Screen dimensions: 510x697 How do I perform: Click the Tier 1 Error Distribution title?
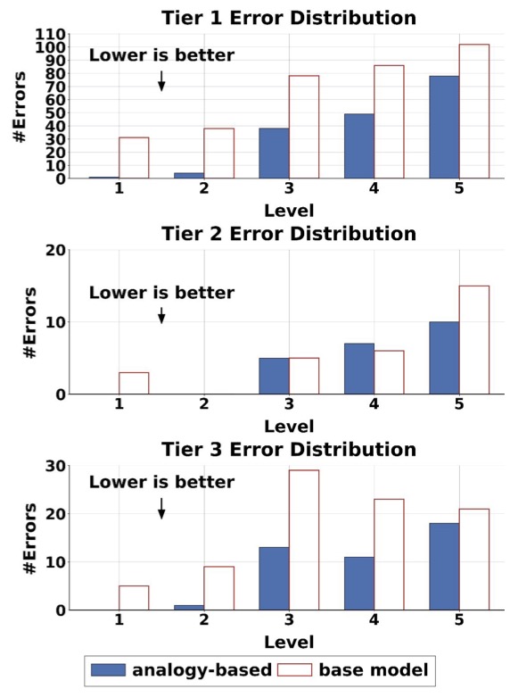(289, 18)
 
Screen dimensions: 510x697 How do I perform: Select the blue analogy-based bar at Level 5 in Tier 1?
(444, 127)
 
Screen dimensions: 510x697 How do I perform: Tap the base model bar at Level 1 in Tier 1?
(134, 158)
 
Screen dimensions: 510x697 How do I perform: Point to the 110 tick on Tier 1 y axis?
(50, 34)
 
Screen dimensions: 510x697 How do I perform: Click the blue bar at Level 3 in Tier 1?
(274, 154)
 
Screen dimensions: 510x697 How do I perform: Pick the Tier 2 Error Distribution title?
(289, 234)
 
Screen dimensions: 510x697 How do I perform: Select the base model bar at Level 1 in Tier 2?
(134, 383)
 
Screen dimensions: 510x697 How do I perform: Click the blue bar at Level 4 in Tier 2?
(359, 369)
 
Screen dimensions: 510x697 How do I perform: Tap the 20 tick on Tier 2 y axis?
(55, 250)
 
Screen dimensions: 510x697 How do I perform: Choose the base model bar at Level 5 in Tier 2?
(474, 340)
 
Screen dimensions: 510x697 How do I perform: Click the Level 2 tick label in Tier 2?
(204, 404)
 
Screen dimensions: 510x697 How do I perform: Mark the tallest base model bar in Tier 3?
(304, 540)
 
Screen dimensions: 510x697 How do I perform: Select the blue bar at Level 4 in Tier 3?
(359, 584)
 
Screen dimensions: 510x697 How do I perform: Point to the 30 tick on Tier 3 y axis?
(55, 466)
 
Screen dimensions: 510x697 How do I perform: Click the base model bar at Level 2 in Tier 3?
(219, 588)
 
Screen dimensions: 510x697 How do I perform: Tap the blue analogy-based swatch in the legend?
(109, 670)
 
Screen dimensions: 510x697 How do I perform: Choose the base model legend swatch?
(294, 670)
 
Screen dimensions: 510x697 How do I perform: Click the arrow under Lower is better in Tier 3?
(161, 508)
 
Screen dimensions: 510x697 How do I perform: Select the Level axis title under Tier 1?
(289, 211)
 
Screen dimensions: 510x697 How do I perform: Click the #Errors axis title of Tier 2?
(30, 322)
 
